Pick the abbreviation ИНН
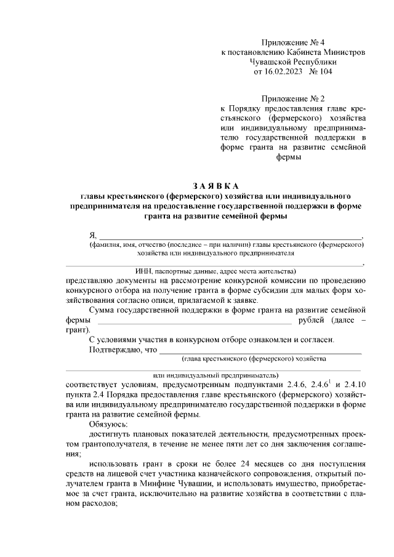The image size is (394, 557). [144, 271]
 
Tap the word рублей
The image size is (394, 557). [312, 321]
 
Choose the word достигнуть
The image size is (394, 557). [111, 434]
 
